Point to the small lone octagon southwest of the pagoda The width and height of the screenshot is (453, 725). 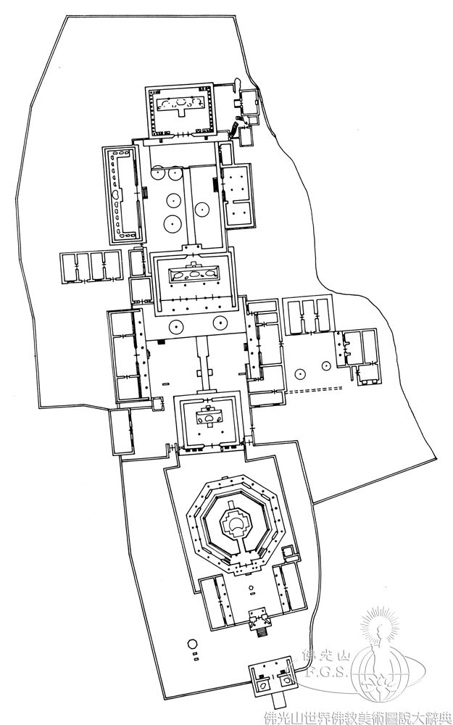coord(192,644)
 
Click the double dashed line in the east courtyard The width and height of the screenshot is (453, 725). coord(315,389)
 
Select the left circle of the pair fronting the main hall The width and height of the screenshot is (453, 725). coord(176,326)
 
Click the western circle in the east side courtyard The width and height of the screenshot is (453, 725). coord(301,373)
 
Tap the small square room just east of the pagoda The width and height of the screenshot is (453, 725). coord(288,551)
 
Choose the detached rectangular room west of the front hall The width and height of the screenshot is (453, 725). coord(121,431)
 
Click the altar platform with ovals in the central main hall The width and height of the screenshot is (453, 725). coord(194,274)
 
